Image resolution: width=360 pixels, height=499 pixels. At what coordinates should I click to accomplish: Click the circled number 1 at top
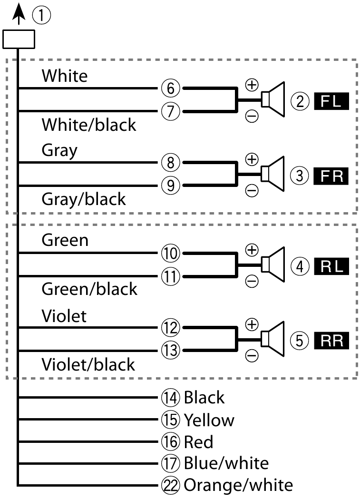tap(41, 16)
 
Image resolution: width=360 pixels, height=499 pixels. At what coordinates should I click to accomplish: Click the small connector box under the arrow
tap(19, 39)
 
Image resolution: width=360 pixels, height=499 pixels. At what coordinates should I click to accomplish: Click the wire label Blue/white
tap(226, 463)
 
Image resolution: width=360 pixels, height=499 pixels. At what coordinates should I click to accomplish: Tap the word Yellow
tap(209, 420)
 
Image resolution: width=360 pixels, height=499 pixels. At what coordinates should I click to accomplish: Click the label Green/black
tap(89, 289)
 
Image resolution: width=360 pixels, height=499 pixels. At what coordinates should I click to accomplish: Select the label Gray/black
tap(84, 199)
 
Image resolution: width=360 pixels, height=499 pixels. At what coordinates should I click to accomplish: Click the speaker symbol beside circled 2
tap(274, 99)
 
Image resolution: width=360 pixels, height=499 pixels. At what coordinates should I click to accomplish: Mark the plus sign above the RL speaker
tap(251, 249)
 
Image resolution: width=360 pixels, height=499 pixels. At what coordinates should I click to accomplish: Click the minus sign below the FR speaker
tap(251, 190)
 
